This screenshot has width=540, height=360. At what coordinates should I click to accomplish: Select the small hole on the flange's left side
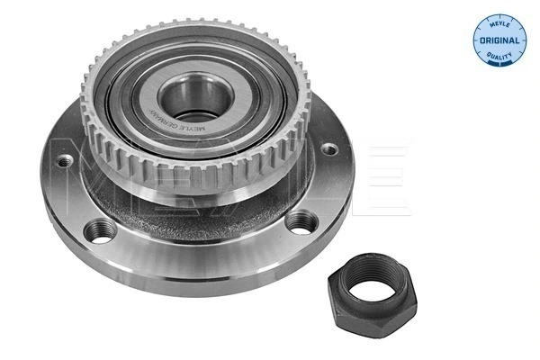[x=64, y=163]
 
